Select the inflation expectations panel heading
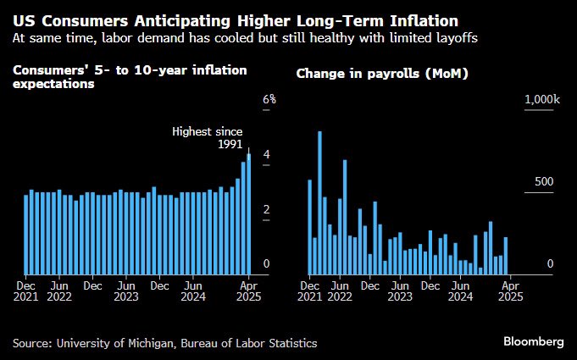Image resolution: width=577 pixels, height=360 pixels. [130, 77]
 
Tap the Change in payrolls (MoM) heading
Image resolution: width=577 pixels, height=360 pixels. [382, 74]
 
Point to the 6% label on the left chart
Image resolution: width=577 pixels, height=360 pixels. [269, 99]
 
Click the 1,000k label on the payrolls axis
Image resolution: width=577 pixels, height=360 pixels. [542, 99]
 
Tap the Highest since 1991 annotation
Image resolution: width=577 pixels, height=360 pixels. [208, 138]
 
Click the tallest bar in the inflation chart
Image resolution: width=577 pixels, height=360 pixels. [249, 214]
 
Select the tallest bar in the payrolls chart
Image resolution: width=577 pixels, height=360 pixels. [319, 202]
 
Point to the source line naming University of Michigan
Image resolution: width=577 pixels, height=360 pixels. [165, 343]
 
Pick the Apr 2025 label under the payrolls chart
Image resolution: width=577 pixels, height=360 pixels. [511, 291]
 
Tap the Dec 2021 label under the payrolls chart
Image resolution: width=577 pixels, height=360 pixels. [310, 291]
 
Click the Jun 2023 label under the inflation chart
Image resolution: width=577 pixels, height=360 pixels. [125, 291]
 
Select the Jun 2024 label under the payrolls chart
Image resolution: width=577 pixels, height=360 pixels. [460, 291]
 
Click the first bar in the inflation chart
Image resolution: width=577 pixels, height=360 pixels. [25, 235]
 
